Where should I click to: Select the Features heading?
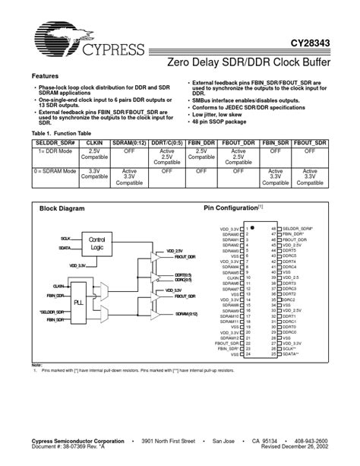pyautogui.click(x=46, y=77)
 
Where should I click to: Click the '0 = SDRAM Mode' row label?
pyautogui.click(x=54, y=171)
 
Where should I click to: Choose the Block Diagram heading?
pyautogui.click(x=62, y=208)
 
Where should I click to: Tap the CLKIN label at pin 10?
pyautogui.click(x=232, y=279)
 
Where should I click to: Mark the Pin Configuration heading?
pyautogui.click(x=231, y=208)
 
